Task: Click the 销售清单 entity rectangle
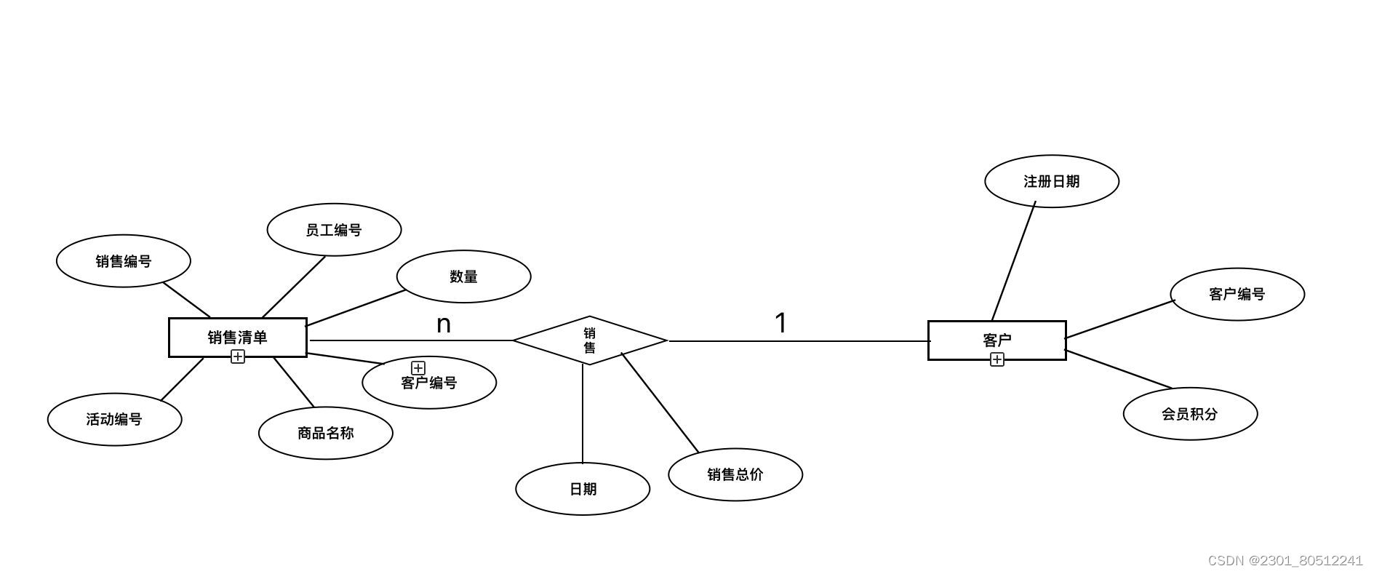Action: click(x=237, y=338)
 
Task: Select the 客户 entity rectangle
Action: click(x=996, y=340)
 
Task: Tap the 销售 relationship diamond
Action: click(x=590, y=340)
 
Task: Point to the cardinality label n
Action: click(x=444, y=324)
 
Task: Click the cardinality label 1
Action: click(x=780, y=323)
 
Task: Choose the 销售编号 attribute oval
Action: click(x=124, y=261)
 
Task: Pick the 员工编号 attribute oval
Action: click(x=334, y=230)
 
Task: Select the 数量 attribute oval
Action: click(x=463, y=276)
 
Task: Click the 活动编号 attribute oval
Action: click(x=114, y=419)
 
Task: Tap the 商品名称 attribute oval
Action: click(x=325, y=433)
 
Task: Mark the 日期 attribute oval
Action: click(x=583, y=489)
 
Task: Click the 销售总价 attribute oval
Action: click(x=735, y=474)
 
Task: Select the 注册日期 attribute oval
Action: click(x=1051, y=181)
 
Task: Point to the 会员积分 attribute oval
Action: click(x=1190, y=414)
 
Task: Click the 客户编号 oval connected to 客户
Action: click(x=1237, y=294)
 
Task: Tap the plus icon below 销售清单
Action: click(x=238, y=356)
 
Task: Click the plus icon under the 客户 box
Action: click(x=997, y=359)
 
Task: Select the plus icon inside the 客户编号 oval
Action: click(x=418, y=368)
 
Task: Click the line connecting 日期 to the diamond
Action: click(x=583, y=415)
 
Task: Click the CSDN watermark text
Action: click(x=1285, y=561)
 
